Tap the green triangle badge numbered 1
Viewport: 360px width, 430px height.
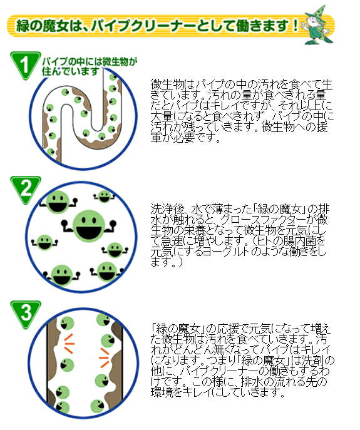[24, 64]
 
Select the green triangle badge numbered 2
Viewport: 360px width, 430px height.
[25, 189]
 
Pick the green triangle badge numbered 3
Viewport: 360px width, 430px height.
[25, 314]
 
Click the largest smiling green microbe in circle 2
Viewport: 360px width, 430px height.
[89, 225]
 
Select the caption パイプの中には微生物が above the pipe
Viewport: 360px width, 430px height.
[90, 61]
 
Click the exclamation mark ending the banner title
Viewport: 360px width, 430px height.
[296, 26]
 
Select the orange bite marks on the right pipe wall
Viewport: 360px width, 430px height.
[105, 357]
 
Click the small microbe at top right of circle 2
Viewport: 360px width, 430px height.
[105, 197]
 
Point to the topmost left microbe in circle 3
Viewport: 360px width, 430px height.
[67, 323]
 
